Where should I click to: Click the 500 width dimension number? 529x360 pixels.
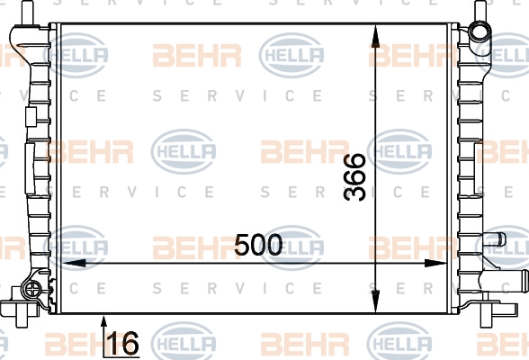pos(258,245)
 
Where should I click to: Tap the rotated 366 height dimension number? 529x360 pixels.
pos(354,177)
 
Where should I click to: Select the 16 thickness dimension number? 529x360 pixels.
pos(123,343)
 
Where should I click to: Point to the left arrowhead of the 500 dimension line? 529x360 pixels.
pos(74,263)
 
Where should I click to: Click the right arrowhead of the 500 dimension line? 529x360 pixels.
pos(435,263)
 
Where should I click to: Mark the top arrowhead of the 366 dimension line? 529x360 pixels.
pos(375,36)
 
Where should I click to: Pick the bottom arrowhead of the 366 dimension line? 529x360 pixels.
pos(375,301)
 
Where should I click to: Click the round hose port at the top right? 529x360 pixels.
pos(480,31)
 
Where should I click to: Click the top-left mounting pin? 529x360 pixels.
pos(27,13)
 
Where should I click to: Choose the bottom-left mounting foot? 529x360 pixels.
pos(19,308)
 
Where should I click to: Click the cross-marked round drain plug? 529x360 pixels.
pos(31,289)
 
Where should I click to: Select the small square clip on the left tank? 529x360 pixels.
pos(31,117)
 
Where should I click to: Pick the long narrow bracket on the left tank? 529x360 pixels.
pos(30,168)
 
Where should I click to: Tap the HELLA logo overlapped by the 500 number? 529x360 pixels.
pos(291,248)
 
